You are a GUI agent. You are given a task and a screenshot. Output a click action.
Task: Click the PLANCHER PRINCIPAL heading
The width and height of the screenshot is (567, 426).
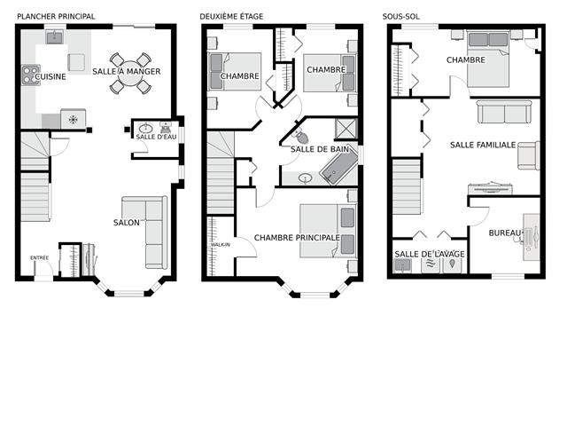[56, 16]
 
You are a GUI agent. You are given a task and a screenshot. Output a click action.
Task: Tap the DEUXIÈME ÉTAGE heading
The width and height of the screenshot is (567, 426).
[231, 16]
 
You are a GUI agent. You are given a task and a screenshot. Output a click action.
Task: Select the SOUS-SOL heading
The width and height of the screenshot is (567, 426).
[401, 16]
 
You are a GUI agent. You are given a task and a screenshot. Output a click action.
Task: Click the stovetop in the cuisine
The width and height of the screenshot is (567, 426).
[31, 75]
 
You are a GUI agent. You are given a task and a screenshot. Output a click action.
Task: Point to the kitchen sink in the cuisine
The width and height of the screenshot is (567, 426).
[55, 37]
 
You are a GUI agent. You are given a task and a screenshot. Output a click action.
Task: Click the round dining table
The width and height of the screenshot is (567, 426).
[130, 74]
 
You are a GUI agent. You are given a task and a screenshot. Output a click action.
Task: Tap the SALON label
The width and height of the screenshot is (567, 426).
[127, 223]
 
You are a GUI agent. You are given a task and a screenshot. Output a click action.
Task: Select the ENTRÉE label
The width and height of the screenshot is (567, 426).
[39, 257]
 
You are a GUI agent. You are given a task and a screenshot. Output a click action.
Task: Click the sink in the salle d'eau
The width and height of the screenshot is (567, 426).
[145, 128]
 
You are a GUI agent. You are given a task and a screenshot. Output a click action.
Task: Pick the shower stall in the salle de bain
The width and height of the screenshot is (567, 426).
[346, 128]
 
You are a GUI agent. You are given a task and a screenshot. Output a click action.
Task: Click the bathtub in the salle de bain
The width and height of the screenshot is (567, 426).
[338, 166]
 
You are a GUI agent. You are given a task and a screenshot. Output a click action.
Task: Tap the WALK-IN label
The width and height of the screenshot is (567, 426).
[221, 245]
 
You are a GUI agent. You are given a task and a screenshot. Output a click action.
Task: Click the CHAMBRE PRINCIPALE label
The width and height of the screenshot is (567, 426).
[298, 238]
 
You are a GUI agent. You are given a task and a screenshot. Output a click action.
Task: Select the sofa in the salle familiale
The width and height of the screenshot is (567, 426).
[504, 112]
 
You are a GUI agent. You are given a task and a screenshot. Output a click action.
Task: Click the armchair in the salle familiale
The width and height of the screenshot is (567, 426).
[528, 155]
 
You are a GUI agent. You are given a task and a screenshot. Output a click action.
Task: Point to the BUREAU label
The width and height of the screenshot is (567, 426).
[506, 233]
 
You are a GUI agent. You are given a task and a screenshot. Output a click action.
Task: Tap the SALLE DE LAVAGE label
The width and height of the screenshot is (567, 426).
[430, 254]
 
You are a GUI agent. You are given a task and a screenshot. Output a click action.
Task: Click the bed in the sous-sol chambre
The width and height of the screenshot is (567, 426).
[488, 59]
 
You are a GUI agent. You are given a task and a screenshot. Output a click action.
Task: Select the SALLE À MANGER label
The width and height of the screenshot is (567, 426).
[127, 71]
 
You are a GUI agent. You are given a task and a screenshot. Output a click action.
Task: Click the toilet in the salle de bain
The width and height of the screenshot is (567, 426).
[299, 136]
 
